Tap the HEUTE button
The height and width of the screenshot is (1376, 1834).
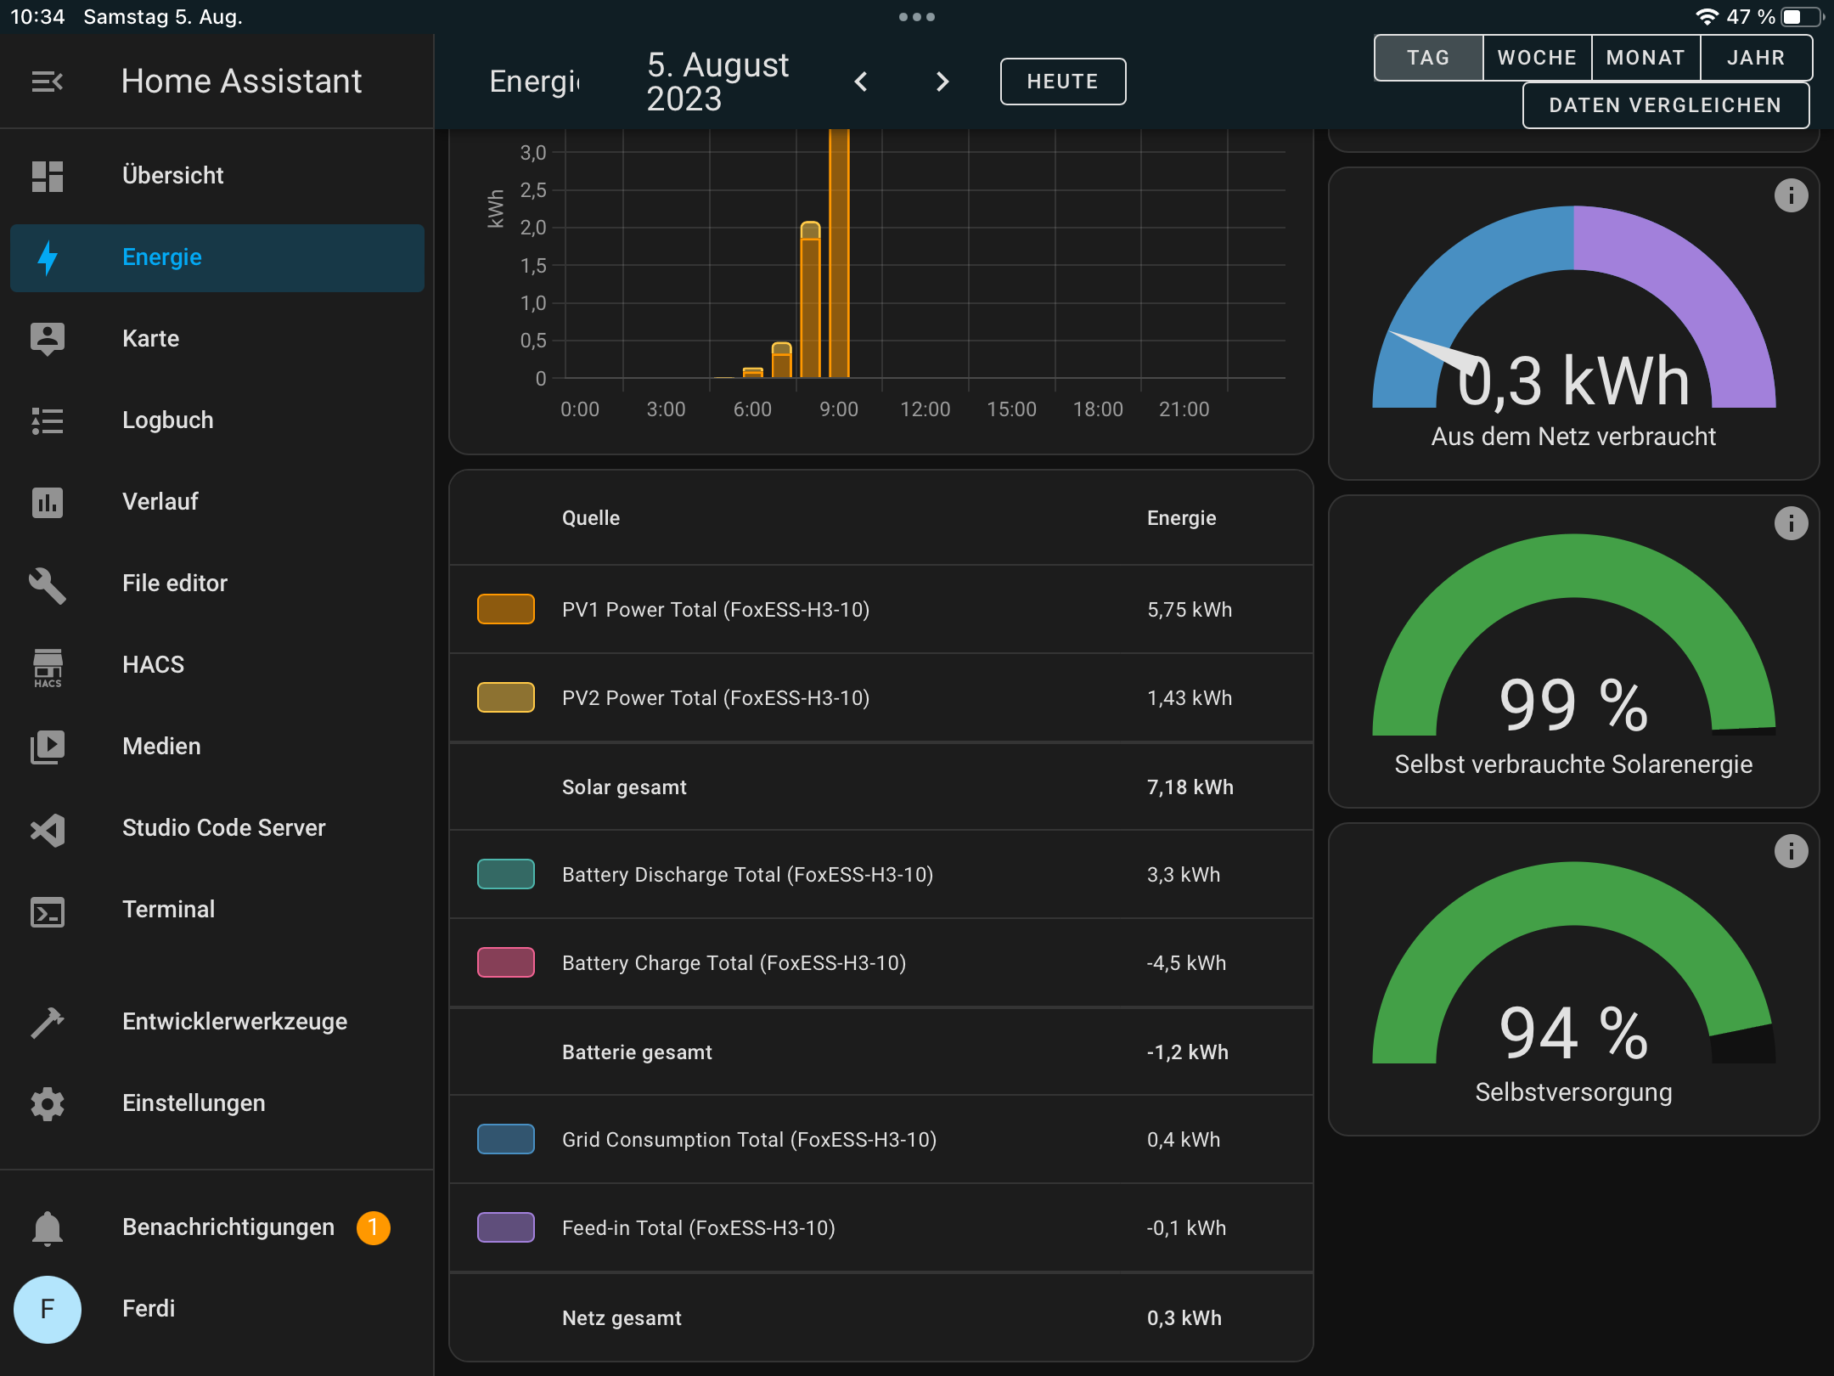(1062, 82)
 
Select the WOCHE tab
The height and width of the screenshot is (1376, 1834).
(1536, 58)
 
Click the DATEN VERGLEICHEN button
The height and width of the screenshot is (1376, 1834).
(1665, 105)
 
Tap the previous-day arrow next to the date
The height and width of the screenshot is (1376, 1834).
(861, 82)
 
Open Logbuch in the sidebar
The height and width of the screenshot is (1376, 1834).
(167, 420)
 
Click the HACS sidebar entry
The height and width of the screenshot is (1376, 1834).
(153, 665)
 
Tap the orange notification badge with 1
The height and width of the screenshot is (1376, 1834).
(373, 1227)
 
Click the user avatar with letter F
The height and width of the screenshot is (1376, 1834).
(48, 1309)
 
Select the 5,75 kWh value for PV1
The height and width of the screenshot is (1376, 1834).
(1189, 610)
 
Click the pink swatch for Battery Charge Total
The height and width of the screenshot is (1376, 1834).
(505, 962)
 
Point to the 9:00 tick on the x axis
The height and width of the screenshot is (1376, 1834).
(838, 409)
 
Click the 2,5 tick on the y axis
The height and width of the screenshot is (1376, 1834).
(533, 190)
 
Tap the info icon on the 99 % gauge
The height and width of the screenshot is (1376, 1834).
(1791, 523)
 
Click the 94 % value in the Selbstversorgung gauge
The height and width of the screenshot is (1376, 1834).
(1573, 1033)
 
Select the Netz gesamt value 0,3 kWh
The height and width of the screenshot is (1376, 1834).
(1184, 1318)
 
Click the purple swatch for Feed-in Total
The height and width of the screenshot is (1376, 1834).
(505, 1227)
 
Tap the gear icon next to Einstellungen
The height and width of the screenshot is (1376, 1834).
(48, 1103)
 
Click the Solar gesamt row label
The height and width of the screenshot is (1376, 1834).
(624, 787)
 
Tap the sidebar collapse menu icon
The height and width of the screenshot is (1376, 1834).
(48, 82)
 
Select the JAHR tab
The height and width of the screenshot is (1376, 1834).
(1755, 58)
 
